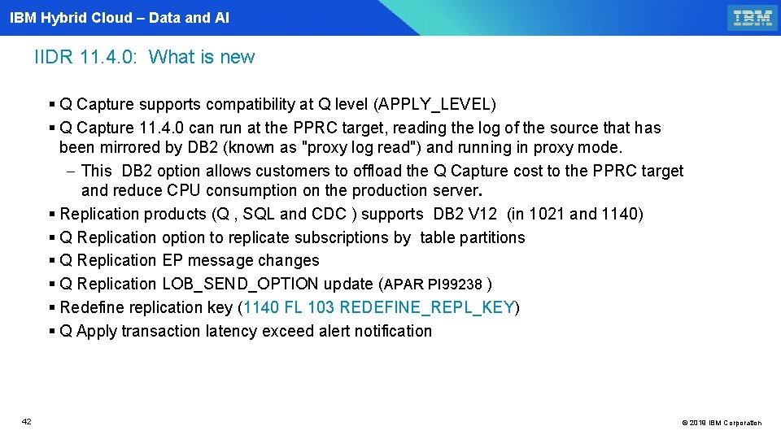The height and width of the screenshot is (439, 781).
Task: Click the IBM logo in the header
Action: (x=752, y=17)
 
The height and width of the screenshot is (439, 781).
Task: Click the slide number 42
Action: (x=27, y=421)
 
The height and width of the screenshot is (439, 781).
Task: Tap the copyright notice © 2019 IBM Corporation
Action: (x=722, y=423)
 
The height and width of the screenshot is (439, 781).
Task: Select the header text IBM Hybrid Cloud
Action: (x=71, y=17)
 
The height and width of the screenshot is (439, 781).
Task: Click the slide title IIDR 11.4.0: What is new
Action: (x=145, y=57)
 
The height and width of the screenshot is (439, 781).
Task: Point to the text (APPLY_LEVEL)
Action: (x=434, y=104)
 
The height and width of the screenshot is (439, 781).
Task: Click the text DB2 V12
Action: (x=465, y=214)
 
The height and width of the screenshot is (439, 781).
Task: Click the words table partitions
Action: (x=473, y=237)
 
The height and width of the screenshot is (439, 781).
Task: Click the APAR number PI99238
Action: (x=455, y=285)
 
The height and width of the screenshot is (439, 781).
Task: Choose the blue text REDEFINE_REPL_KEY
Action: (x=427, y=307)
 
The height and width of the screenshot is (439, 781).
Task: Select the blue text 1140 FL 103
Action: (x=289, y=307)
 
